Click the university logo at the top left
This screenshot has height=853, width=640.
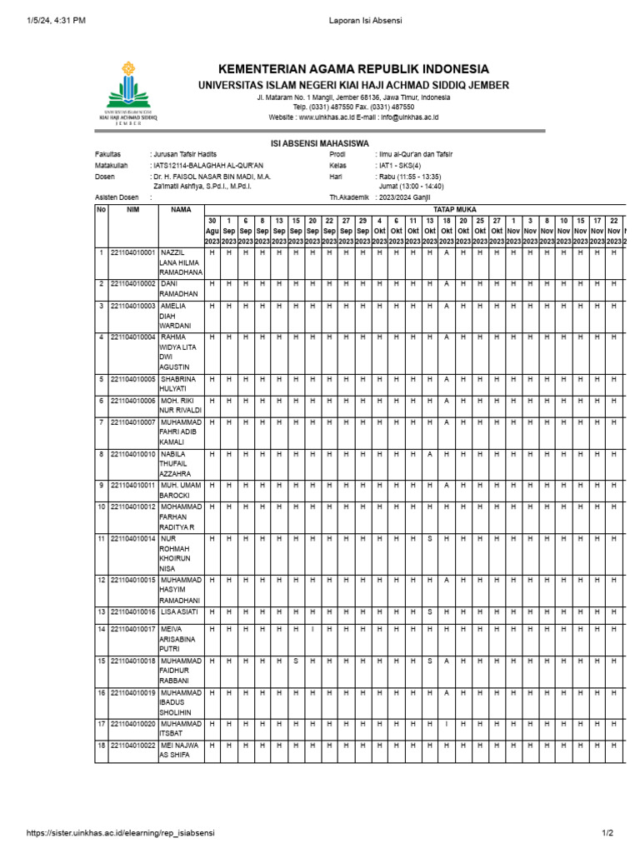127,91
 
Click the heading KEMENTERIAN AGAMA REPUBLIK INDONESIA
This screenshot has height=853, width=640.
353,69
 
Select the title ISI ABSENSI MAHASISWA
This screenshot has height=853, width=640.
320,143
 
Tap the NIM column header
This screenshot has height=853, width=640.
132,210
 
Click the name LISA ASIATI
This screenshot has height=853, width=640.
181,611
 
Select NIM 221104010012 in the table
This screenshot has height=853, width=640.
133,506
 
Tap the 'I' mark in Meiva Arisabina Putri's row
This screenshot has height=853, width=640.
312,629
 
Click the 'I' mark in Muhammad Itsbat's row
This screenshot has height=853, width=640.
447,724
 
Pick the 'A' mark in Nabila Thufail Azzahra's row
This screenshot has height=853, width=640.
430,454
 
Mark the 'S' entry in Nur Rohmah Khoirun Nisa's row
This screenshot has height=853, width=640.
430,539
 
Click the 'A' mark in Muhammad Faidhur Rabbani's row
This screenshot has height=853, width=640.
447,661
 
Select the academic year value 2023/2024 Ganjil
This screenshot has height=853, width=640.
407,197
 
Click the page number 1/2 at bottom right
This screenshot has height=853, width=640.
607,833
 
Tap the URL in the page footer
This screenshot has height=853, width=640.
121,833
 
